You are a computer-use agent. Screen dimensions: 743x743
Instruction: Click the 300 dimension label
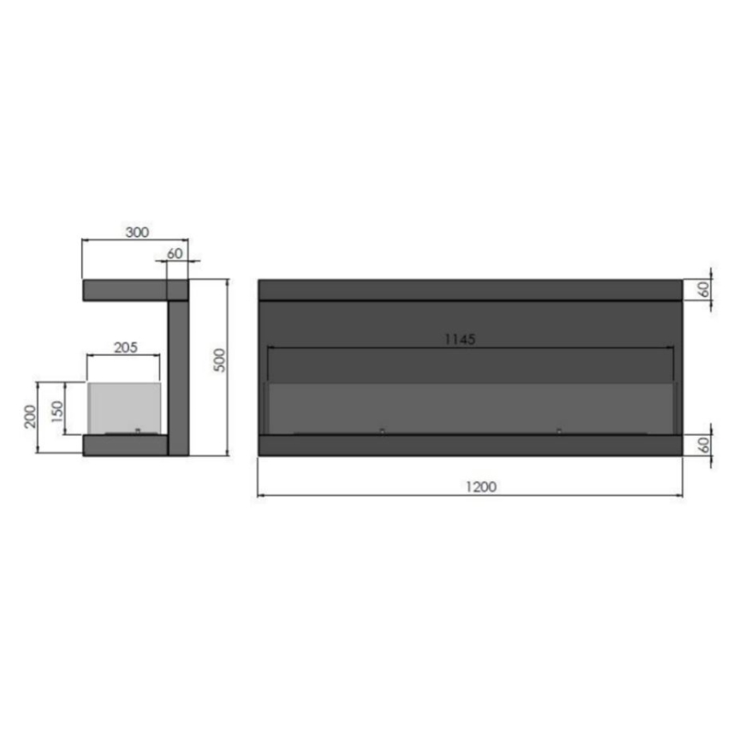tap(137, 232)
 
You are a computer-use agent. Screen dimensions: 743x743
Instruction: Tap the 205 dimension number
tap(125, 347)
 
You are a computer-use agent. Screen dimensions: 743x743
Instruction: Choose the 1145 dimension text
tap(460, 338)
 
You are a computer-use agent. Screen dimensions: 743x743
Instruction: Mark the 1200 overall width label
tap(482, 486)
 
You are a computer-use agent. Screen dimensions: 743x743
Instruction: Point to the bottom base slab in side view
tap(125, 445)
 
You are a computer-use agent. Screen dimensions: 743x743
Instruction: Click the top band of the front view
tap(469, 289)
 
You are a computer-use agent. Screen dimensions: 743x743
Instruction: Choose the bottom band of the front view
tap(469, 445)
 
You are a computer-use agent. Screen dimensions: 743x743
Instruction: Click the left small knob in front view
tap(382, 431)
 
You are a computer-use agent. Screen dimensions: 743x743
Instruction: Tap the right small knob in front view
tap(559, 431)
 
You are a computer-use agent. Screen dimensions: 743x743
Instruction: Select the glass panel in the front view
tap(469, 407)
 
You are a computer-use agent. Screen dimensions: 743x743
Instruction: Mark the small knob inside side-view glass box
tap(135, 431)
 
